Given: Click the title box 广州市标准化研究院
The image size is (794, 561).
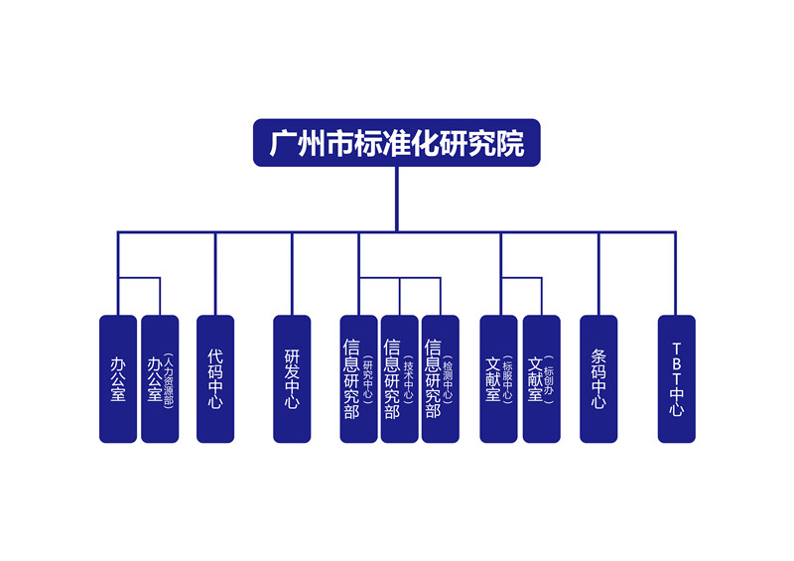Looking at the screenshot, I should (396, 144).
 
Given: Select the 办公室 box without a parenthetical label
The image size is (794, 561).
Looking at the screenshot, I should (118, 378).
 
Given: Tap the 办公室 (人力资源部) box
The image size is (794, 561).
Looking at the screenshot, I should (160, 378).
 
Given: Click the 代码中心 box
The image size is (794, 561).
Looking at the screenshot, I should (215, 378).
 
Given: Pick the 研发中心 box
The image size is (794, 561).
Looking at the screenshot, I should (292, 378).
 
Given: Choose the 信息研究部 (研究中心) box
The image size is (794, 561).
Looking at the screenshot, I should (358, 378).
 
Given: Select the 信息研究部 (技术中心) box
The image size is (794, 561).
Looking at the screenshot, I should (399, 378).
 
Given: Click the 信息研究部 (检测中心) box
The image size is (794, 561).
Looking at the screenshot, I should (440, 378).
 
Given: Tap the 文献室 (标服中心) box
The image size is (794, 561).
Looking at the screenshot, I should (498, 378).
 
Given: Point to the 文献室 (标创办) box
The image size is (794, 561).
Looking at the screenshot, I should (542, 378).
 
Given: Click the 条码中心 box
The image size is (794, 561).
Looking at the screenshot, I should (598, 378).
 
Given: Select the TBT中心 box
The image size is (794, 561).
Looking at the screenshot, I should (676, 378).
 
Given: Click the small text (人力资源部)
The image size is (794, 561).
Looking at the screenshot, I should (168, 378).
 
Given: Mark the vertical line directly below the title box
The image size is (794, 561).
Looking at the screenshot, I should (396, 199).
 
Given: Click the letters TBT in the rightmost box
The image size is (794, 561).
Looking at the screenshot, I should (676, 362).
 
